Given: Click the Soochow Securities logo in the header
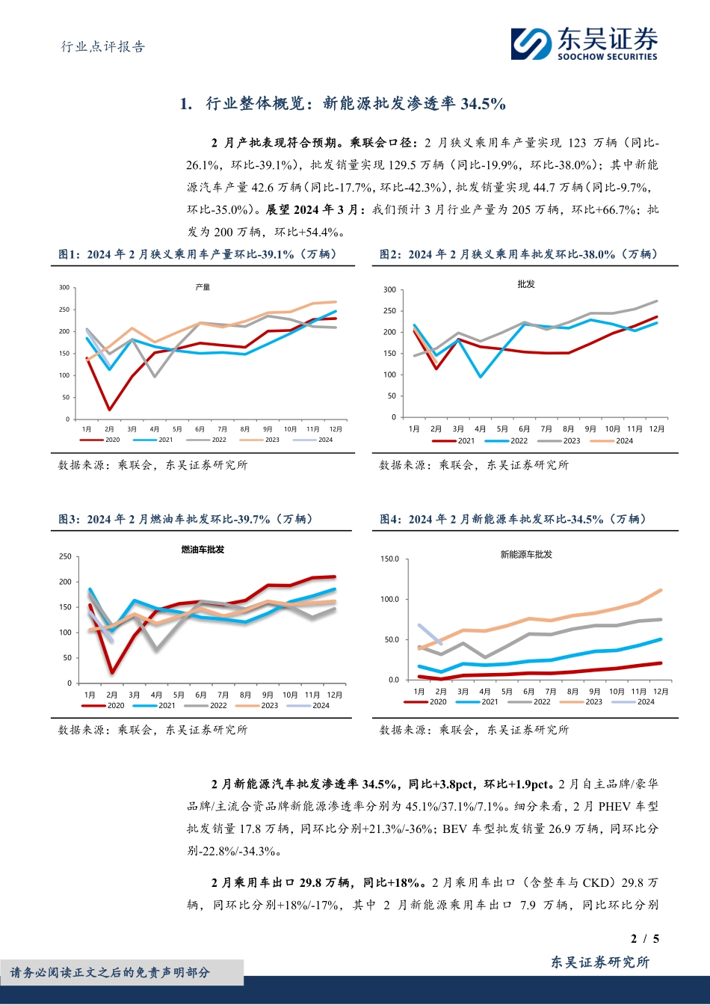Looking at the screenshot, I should tap(584, 43).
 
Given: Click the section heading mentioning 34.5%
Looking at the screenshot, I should tap(343, 104).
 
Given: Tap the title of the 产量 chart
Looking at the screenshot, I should tap(203, 287).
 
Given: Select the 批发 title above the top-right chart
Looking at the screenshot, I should tap(526, 284).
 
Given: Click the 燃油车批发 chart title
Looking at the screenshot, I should tap(203, 550).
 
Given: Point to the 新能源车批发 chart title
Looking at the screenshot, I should tap(526, 554).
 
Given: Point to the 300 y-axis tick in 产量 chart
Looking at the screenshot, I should tap(64, 288).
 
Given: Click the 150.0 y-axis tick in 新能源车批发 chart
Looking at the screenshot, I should tap(389, 559).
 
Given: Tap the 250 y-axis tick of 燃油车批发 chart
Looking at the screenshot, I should tap(65, 556).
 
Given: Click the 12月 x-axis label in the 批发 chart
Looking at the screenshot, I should tap(657, 429).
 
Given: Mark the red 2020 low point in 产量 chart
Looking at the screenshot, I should tap(110, 409).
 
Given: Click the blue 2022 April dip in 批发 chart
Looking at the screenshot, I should tap(480, 376).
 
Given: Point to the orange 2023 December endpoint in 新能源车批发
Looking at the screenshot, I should tap(661, 590).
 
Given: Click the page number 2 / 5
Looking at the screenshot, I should tap(645, 939).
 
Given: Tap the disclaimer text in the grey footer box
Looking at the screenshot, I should tap(110, 972).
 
